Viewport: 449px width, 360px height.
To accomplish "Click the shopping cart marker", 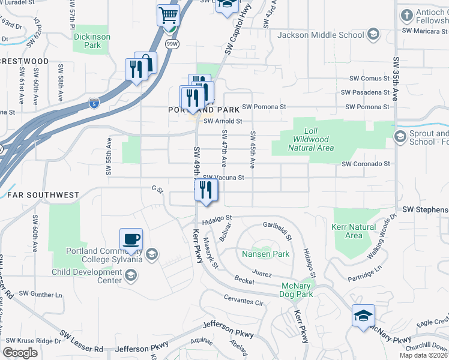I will point(169,15).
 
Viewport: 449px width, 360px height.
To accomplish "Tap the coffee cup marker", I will point(131,239).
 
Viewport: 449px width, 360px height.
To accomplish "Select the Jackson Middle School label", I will point(321,35).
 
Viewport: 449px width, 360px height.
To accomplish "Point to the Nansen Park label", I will point(265,254).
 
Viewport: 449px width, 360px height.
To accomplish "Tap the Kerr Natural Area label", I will point(354,231).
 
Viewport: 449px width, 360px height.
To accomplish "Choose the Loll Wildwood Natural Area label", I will point(310,139).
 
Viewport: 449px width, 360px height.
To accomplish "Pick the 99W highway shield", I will point(172,44).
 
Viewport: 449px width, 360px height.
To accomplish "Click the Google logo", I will point(20,352).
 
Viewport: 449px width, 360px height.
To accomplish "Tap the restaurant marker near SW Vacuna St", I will point(206,190).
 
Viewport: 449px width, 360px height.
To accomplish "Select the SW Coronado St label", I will point(366,163).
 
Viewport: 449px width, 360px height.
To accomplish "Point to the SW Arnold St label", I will point(222,121).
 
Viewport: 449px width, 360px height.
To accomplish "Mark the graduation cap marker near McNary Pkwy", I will point(363,316).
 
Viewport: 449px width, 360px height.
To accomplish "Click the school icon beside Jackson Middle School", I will point(373,34).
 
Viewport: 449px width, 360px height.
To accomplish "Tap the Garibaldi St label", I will point(277,230).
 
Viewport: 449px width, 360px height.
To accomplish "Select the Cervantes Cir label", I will point(244,301).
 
